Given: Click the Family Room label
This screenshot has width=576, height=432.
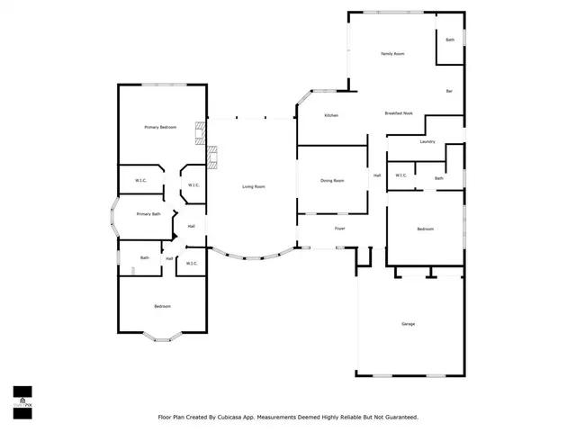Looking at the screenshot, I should point(391,54).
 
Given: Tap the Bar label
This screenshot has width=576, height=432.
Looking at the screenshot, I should point(449,91).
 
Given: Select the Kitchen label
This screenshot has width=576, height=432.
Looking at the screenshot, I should point(331,115).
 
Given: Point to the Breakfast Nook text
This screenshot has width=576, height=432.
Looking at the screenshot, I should point(398,113).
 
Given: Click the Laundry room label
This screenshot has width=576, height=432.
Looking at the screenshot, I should point(427,141).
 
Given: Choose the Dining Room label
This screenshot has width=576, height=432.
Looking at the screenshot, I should point(332,181).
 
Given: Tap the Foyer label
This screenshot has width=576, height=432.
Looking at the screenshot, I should point(339,229).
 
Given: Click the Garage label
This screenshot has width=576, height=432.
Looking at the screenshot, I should point(408,324).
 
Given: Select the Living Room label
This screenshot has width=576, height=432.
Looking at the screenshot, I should point(253,186).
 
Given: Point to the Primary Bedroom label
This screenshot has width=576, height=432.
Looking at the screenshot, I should point(160,128).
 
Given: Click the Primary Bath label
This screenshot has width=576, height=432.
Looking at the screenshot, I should point(148,214).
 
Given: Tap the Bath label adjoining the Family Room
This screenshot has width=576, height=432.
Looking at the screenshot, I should point(450,40).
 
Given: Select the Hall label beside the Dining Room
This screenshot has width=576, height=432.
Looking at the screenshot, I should point(377,175).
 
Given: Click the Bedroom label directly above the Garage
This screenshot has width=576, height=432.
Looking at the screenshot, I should point(425,229).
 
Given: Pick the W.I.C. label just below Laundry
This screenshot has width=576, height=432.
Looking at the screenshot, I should point(400,175).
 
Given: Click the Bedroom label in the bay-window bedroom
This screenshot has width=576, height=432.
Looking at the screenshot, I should point(162,307).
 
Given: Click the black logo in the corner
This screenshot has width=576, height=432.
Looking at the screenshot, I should point(22,396).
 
